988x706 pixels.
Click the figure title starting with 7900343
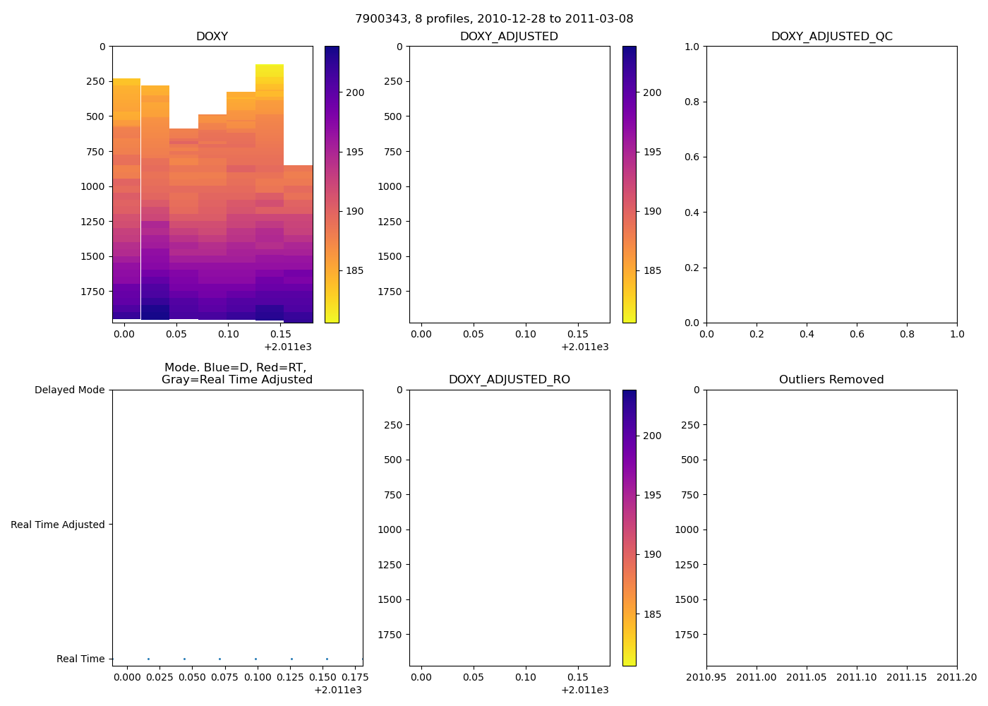click(494, 19)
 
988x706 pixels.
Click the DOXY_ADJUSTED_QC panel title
click(831, 37)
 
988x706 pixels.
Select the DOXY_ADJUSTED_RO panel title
click(509, 380)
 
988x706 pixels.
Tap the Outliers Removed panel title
click(831, 380)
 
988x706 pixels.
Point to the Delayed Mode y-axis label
click(69, 390)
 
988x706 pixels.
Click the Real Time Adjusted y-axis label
click(58, 525)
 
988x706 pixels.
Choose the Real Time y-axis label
click(80, 659)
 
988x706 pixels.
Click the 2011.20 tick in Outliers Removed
click(957, 678)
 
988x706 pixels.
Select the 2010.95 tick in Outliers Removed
click(706, 678)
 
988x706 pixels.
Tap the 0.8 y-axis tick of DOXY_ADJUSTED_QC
click(691, 102)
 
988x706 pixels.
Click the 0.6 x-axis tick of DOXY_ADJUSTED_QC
click(857, 334)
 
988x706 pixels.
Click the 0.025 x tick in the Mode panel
click(159, 678)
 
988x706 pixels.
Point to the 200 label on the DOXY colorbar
click(355, 92)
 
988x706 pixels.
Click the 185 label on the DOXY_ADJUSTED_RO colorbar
click(652, 614)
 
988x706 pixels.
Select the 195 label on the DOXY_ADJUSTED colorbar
click(652, 152)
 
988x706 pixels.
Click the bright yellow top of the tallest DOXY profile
click(269, 71)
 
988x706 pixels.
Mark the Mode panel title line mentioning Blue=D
click(235, 368)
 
